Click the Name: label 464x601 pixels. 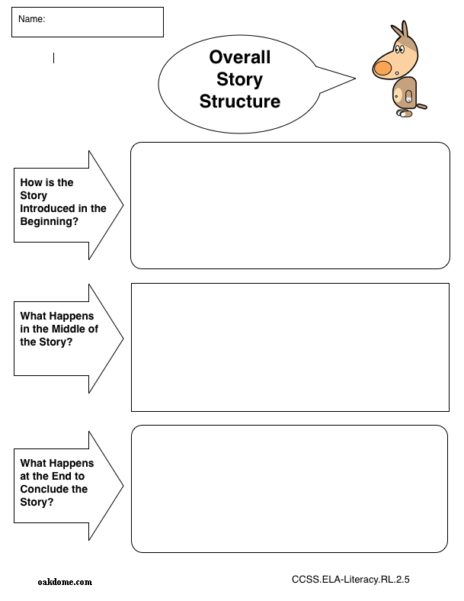click(32, 19)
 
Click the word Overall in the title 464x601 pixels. click(240, 57)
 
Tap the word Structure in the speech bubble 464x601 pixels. click(240, 101)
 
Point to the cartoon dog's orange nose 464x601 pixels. click(382, 69)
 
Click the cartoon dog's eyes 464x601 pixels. click(400, 49)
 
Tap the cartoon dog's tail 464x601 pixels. click(421, 106)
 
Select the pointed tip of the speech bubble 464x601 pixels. click(355, 79)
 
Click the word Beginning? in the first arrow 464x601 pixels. click(49, 221)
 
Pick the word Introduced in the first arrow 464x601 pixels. click(44, 208)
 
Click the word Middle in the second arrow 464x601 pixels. click(68, 329)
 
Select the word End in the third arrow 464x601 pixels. click(62, 476)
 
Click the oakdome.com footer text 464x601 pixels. click(65, 582)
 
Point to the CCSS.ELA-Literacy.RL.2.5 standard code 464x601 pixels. click(350, 579)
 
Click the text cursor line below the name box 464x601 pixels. click(53, 58)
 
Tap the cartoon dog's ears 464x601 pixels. click(400, 31)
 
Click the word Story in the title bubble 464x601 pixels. click(240, 79)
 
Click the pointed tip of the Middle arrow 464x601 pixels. click(123, 339)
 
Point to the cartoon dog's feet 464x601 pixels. click(405, 114)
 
